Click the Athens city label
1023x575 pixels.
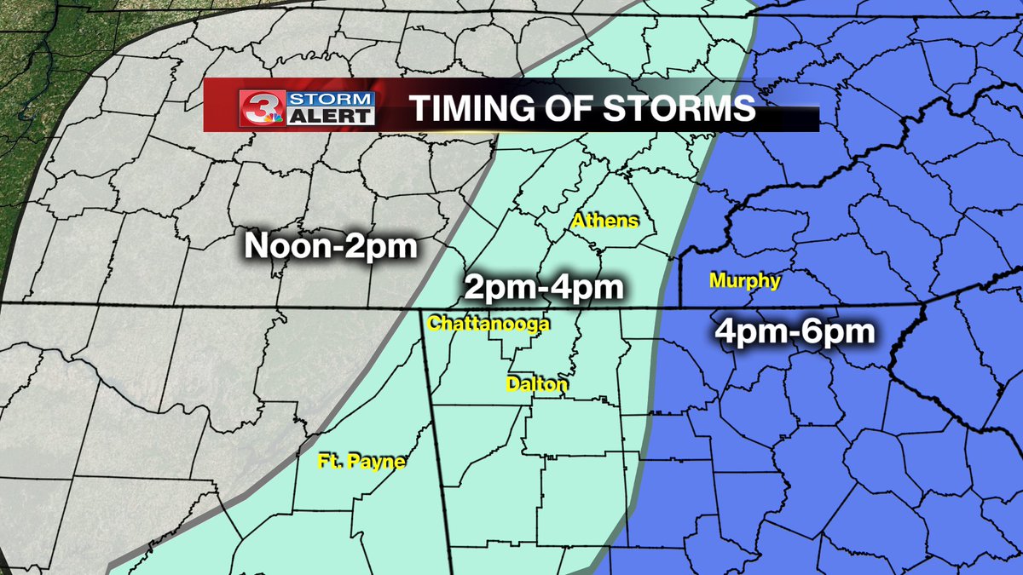(x=604, y=221)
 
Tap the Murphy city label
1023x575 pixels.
(x=744, y=280)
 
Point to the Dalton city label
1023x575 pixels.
(x=536, y=385)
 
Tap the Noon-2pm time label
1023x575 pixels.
(x=330, y=247)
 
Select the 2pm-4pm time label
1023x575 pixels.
(x=544, y=288)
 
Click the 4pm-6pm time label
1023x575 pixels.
(x=795, y=331)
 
